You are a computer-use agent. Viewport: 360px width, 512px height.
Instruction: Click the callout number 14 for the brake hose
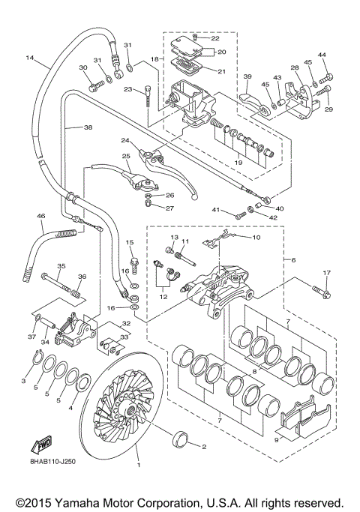pos(30,58)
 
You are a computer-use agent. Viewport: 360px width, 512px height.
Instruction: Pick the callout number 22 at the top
pos(214,38)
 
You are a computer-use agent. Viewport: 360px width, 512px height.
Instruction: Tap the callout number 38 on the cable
pos(88,127)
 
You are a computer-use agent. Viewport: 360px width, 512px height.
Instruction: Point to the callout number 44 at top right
pos(322,55)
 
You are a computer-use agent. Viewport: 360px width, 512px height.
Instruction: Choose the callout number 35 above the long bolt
pos(61,266)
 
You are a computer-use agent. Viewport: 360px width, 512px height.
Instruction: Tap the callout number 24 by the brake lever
pos(126,140)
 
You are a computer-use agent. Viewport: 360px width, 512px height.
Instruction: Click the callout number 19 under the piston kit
pos(238,162)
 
